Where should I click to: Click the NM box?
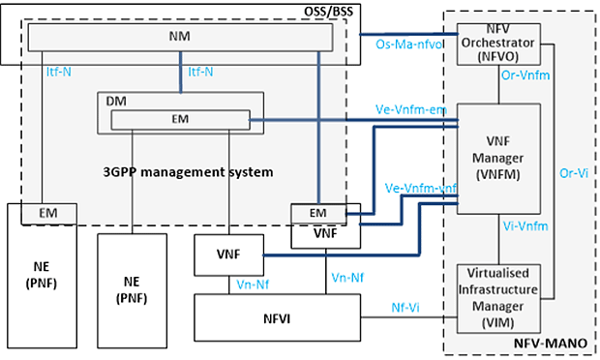click(x=180, y=38)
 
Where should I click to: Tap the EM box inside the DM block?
click(x=179, y=119)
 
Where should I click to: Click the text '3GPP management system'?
click(x=188, y=171)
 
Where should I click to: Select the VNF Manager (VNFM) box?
click(x=497, y=158)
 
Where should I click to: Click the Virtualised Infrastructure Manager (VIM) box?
click(x=497, y=298)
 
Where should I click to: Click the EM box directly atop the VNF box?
click(x=316, y=211)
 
